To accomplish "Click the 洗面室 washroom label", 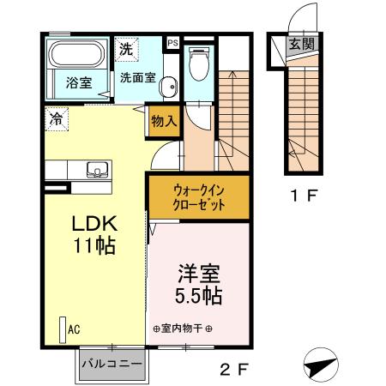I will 136,76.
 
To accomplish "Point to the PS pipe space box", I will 172,41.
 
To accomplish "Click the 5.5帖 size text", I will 199,298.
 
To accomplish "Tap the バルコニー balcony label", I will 112,364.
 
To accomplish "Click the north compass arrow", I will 319,364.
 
